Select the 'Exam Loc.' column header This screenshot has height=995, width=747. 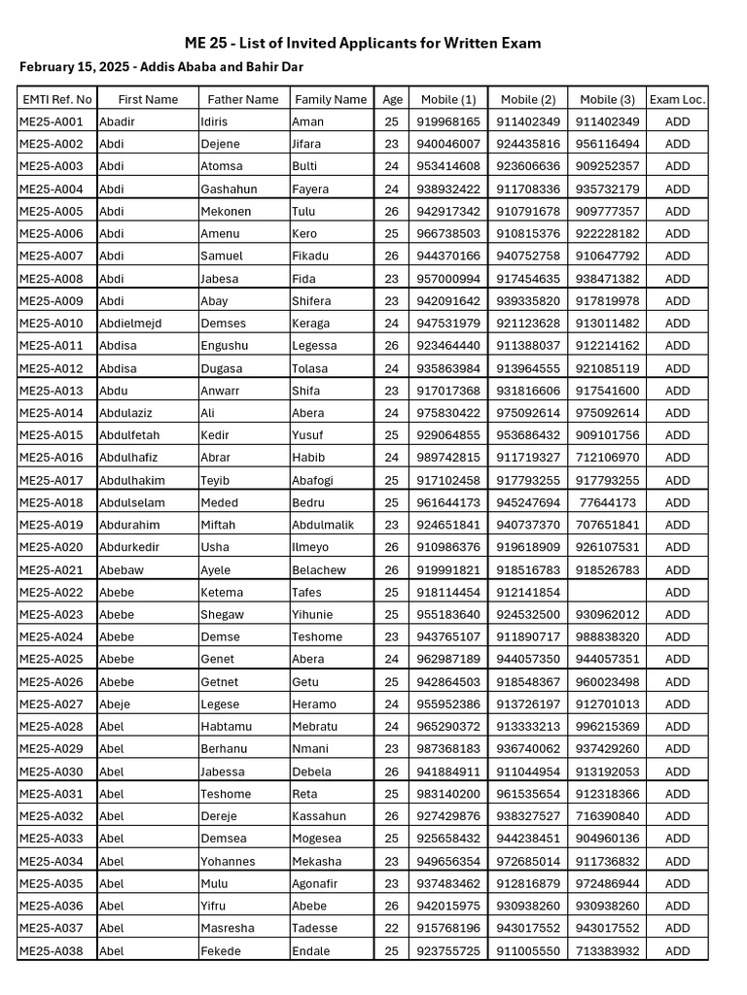[677, 99]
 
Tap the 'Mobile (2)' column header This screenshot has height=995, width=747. [528, 99]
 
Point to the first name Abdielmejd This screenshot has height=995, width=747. [130, 324]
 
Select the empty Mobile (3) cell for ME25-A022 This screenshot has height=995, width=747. [608, 593]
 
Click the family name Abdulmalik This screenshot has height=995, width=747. [324, 526]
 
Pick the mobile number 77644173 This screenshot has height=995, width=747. [608, 503]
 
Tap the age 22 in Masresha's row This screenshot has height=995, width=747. [391, 929]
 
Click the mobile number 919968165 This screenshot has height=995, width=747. [447, 121]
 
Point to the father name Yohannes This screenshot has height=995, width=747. [228, 862]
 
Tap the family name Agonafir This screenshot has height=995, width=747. [317, 884]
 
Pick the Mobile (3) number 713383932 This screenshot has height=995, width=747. [608, 951]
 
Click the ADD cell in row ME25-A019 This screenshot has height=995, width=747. [677, 526]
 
